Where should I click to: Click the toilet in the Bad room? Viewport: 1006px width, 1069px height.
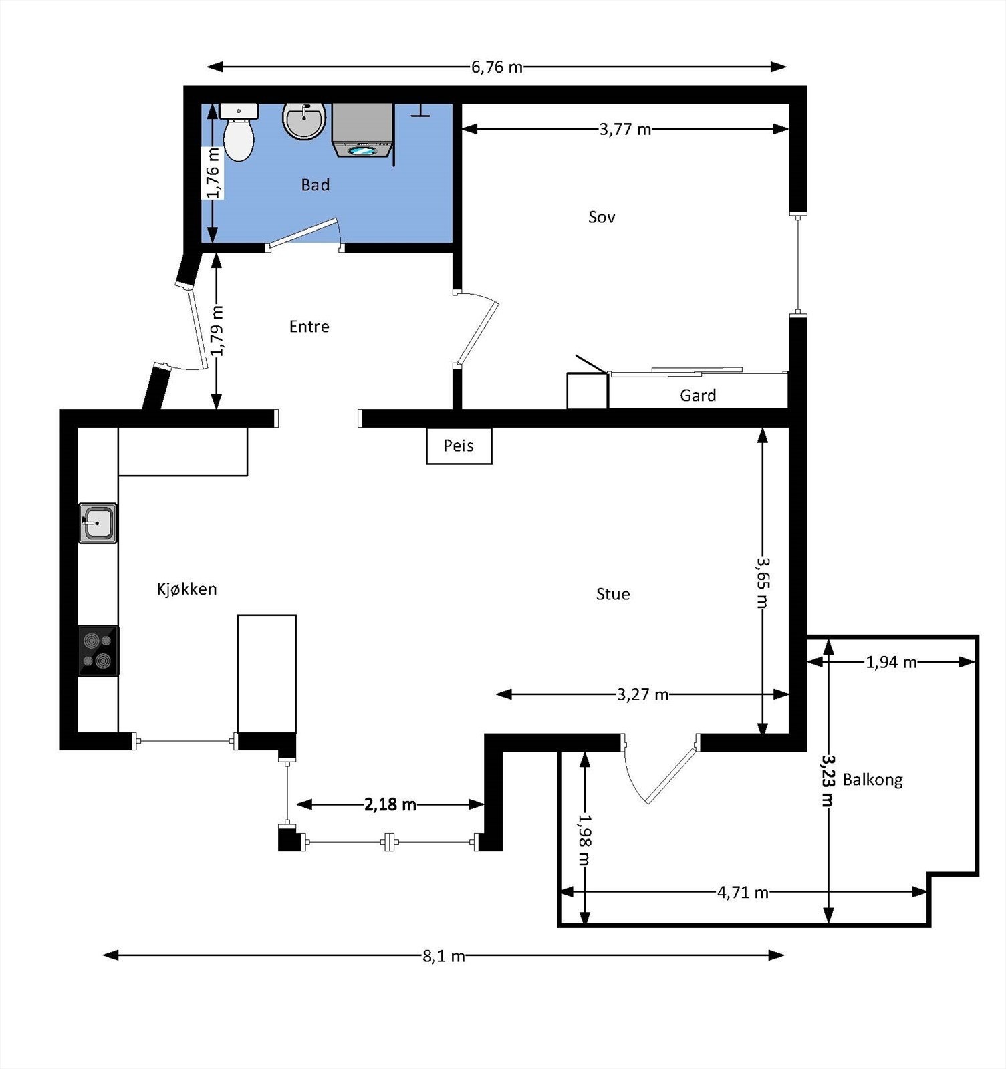pos(239,132)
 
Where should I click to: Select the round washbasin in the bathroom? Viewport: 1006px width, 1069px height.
pos(304,120)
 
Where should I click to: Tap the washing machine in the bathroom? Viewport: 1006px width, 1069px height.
pos(362,130)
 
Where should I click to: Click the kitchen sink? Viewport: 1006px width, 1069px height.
pos(98,523)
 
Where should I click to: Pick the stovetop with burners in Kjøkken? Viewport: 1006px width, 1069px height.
pos(98,651)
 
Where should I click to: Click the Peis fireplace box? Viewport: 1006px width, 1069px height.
pos(459,446)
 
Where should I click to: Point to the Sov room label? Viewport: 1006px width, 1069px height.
pos(602,217)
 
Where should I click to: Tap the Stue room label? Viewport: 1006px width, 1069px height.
pos(613,594)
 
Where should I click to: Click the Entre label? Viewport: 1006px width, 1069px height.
pos(309,327)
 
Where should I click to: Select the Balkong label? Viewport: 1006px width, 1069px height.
pos(872,780)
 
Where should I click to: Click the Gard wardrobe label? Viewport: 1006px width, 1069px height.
pos(698,396)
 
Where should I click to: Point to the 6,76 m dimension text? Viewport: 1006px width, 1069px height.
pos(497,67)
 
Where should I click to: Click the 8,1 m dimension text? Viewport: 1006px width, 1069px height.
pos(443,956)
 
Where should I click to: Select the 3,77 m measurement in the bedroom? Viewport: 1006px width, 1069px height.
pos(625,129)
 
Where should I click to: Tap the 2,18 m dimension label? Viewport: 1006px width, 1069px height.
pos(390,804)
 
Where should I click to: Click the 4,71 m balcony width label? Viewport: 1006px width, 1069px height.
pos(743,892)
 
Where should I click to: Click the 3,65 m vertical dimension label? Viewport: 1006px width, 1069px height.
pos(763,582)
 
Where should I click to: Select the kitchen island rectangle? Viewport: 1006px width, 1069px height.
pos(267,673)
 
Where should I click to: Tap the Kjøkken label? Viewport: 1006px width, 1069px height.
pos(186,589)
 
